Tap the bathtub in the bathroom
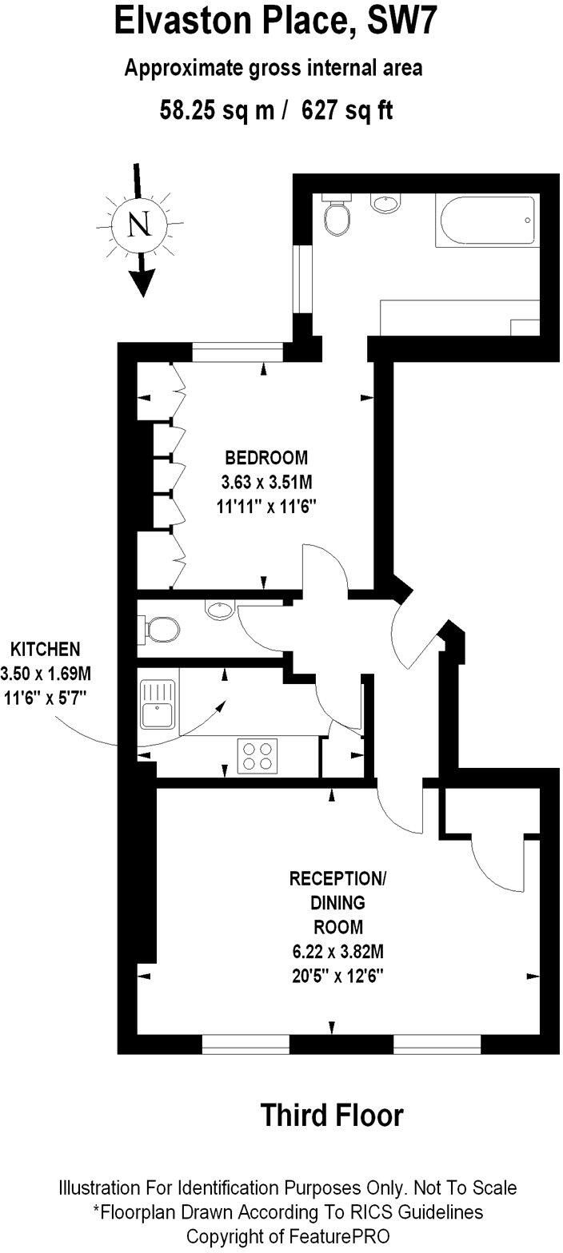[485, 222]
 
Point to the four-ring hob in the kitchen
[256, 756]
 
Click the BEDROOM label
[266, 458]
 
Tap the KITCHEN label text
[45, 648]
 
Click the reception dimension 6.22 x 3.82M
[337, 952]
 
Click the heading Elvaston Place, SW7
[277, 21]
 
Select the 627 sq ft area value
[347, 111]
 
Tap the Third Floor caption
[332, 1116]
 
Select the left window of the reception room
[246, 1044]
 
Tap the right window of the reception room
[437, 1044]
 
